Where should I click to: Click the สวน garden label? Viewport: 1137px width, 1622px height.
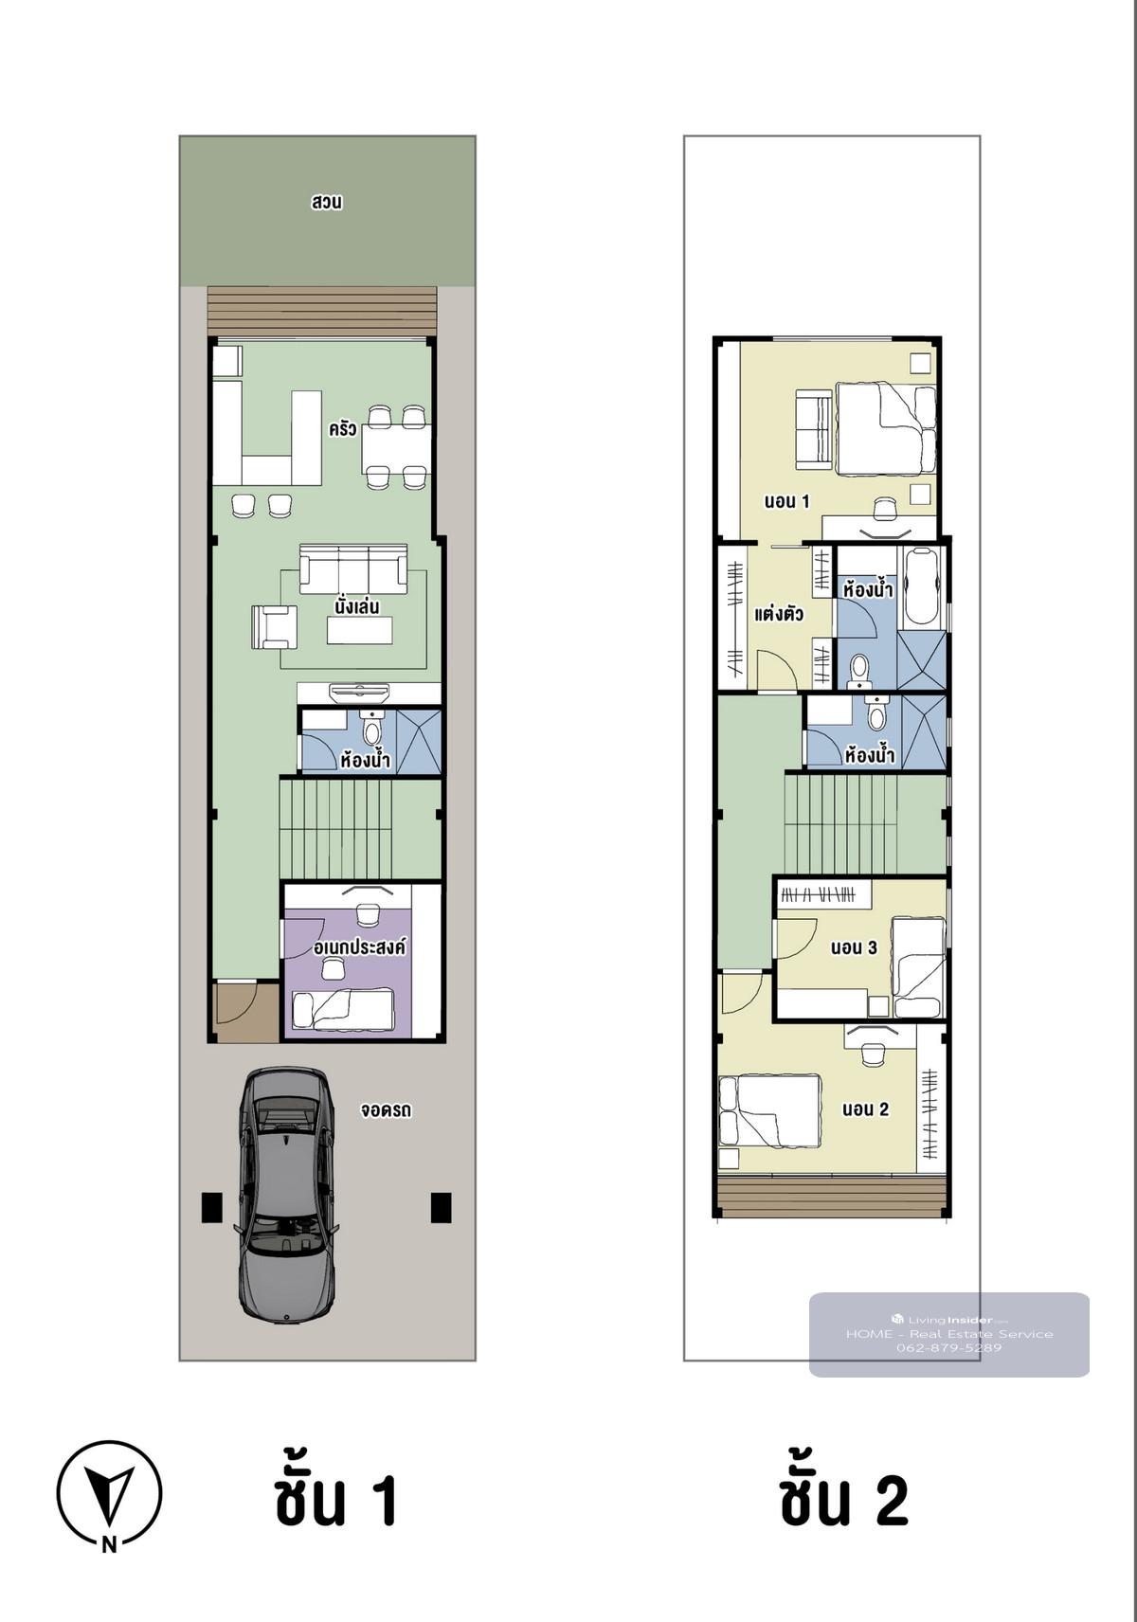click(327, 202)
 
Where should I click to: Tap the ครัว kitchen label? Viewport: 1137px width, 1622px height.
click(342, 428)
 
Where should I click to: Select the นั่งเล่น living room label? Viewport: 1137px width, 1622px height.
click(357, 605)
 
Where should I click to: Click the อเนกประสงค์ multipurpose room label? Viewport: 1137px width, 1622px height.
click(360, 946)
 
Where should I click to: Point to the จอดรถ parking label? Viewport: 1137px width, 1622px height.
click(386, 1110)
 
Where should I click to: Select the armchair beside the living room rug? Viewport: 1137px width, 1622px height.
click(274, 626)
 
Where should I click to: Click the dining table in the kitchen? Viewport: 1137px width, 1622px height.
click(395, 447)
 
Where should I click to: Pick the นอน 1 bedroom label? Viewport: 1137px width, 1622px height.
click(786, 501)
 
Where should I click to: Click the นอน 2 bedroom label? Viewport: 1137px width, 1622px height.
click(865, 1109)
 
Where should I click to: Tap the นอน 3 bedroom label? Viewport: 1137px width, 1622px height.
click(854, 947)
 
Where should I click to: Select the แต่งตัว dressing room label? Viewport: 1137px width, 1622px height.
click(779, 614)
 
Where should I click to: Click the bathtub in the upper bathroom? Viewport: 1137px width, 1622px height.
click(921, 586)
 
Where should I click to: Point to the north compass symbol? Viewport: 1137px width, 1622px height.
click(109, 1494)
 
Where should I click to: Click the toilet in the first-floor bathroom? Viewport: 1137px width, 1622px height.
click(371, 727)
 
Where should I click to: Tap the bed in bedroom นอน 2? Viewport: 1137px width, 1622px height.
click(769, 1110)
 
